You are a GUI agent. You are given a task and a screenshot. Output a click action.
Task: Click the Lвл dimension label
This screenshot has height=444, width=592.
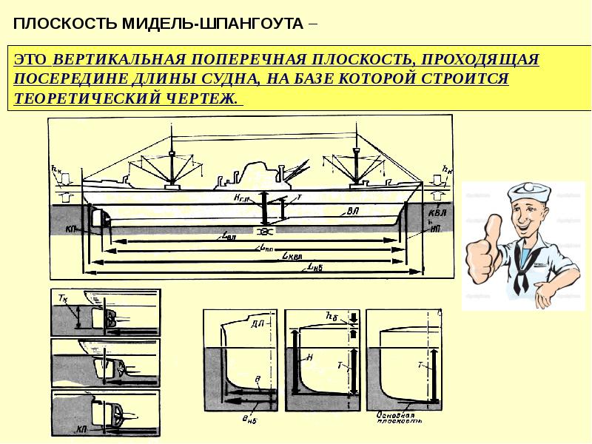[x=229, y=237]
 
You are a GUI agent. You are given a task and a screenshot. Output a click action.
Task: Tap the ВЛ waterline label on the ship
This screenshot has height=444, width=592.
[x=353, y=211]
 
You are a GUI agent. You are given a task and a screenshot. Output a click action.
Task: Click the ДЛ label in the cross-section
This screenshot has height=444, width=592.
[x=258, y=324]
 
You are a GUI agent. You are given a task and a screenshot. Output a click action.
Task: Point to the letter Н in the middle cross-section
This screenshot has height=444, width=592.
[x=310, y=357]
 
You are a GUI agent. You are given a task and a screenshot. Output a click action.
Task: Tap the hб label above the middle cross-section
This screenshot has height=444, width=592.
[x=331, y=316]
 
